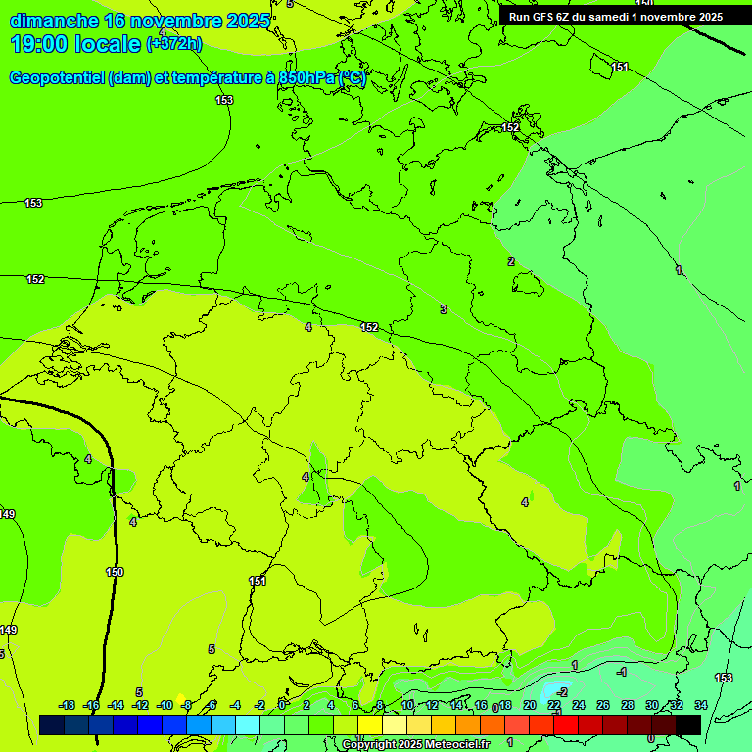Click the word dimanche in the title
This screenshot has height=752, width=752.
point(54,21)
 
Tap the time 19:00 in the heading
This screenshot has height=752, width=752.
point(39,44)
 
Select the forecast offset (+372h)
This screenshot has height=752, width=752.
point(174,44)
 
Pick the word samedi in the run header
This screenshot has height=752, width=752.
point(608,17)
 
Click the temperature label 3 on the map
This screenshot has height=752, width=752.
point(443,309)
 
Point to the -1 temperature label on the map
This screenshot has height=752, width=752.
point(621,672)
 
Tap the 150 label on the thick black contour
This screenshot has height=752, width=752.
point(115,572)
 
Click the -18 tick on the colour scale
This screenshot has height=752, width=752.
point(67,705)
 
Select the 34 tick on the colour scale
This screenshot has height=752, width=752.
point(700,705)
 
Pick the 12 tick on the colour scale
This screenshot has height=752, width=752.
point(432,705)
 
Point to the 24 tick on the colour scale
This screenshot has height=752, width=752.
point(578,705)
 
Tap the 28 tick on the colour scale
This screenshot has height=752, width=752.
point(627,705)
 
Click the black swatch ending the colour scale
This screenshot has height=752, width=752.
point(688,725)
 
